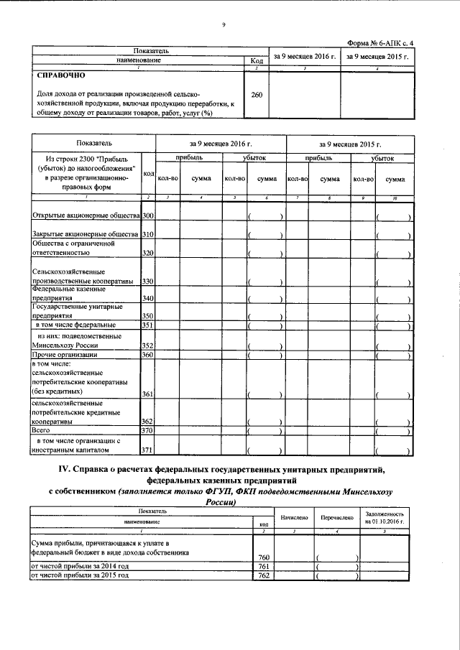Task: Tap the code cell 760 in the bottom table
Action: click(x=264, y=557)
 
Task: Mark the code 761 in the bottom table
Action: click(x=264, y=567)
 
